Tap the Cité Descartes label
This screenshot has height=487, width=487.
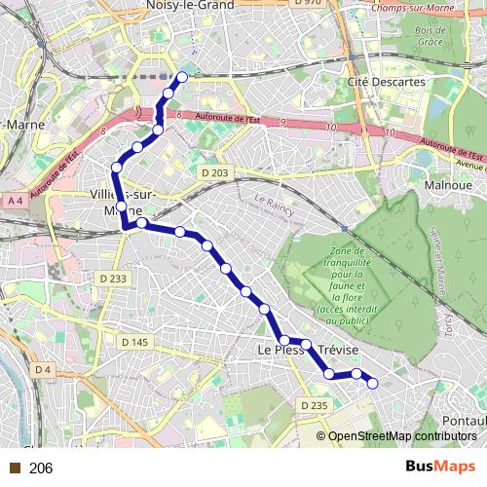(388, 82)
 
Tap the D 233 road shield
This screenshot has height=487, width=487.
(113, 279)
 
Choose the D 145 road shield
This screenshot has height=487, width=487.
(135, 341)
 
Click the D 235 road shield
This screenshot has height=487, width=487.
(314, 405)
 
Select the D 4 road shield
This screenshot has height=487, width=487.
(42, 369)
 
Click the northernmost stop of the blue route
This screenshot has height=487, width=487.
(181, 76)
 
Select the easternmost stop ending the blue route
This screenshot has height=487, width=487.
(371, 383)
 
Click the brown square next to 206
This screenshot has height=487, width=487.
(15, 468)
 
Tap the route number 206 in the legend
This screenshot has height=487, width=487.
(41, 468)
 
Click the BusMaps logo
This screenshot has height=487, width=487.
(434, 467)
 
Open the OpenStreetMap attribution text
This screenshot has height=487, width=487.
(400, 436)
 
